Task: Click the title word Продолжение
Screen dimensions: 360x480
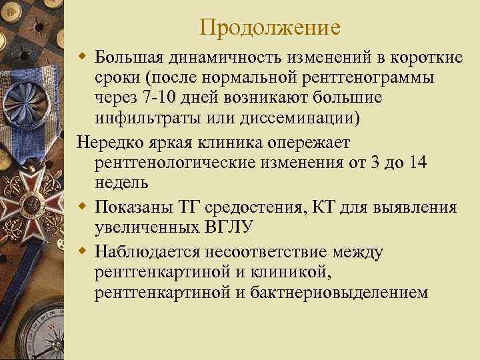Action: pyautogui.click(x=270, y=27)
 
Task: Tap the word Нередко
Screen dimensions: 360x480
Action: pyautogui.click(x=111, y=143)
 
